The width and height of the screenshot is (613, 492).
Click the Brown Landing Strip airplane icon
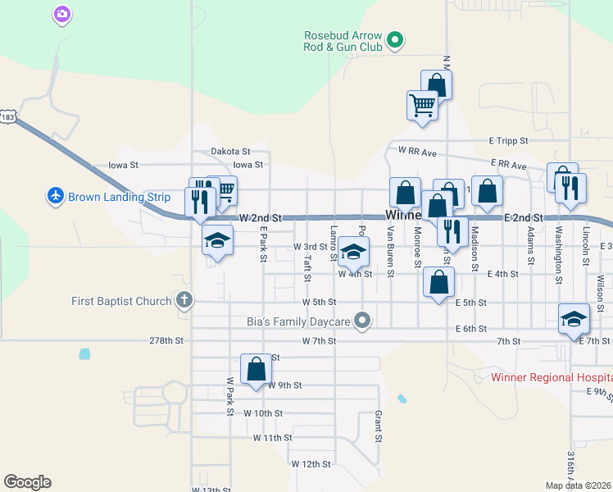[x=55, y=196]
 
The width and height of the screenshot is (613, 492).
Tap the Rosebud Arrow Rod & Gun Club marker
[x=394, y=39]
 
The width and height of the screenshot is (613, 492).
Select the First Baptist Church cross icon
[x=184, y=300]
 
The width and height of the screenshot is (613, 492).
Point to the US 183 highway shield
[x=8, y=117]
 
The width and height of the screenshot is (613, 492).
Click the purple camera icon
[x=61, y=14]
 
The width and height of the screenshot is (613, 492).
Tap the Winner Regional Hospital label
[x=551, y=378]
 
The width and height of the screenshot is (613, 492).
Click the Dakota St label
[x=229, y=152]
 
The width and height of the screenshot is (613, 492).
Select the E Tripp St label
[x=508, y=141]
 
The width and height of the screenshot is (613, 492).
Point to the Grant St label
[x=379, y=426]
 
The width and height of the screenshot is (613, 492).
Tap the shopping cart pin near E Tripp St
[x=422, y=105]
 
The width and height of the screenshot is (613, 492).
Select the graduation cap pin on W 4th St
[x=354, y=252]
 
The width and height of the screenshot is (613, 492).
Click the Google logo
[x=27, y=482]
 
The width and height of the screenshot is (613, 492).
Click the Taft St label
[x=307, y=267]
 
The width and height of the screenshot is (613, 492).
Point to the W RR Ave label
[x=417, y=151]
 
